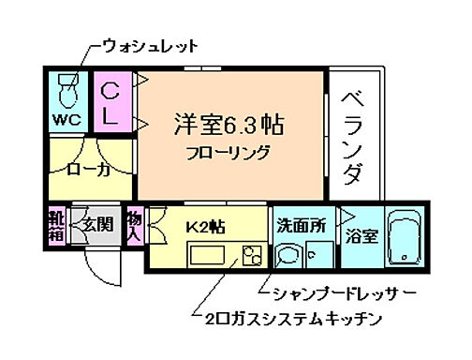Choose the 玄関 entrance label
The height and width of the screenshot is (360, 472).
(x=96, y=226)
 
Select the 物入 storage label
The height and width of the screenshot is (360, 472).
(x=134, y=225)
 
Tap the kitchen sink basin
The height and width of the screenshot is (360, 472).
(x=206, y=255)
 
